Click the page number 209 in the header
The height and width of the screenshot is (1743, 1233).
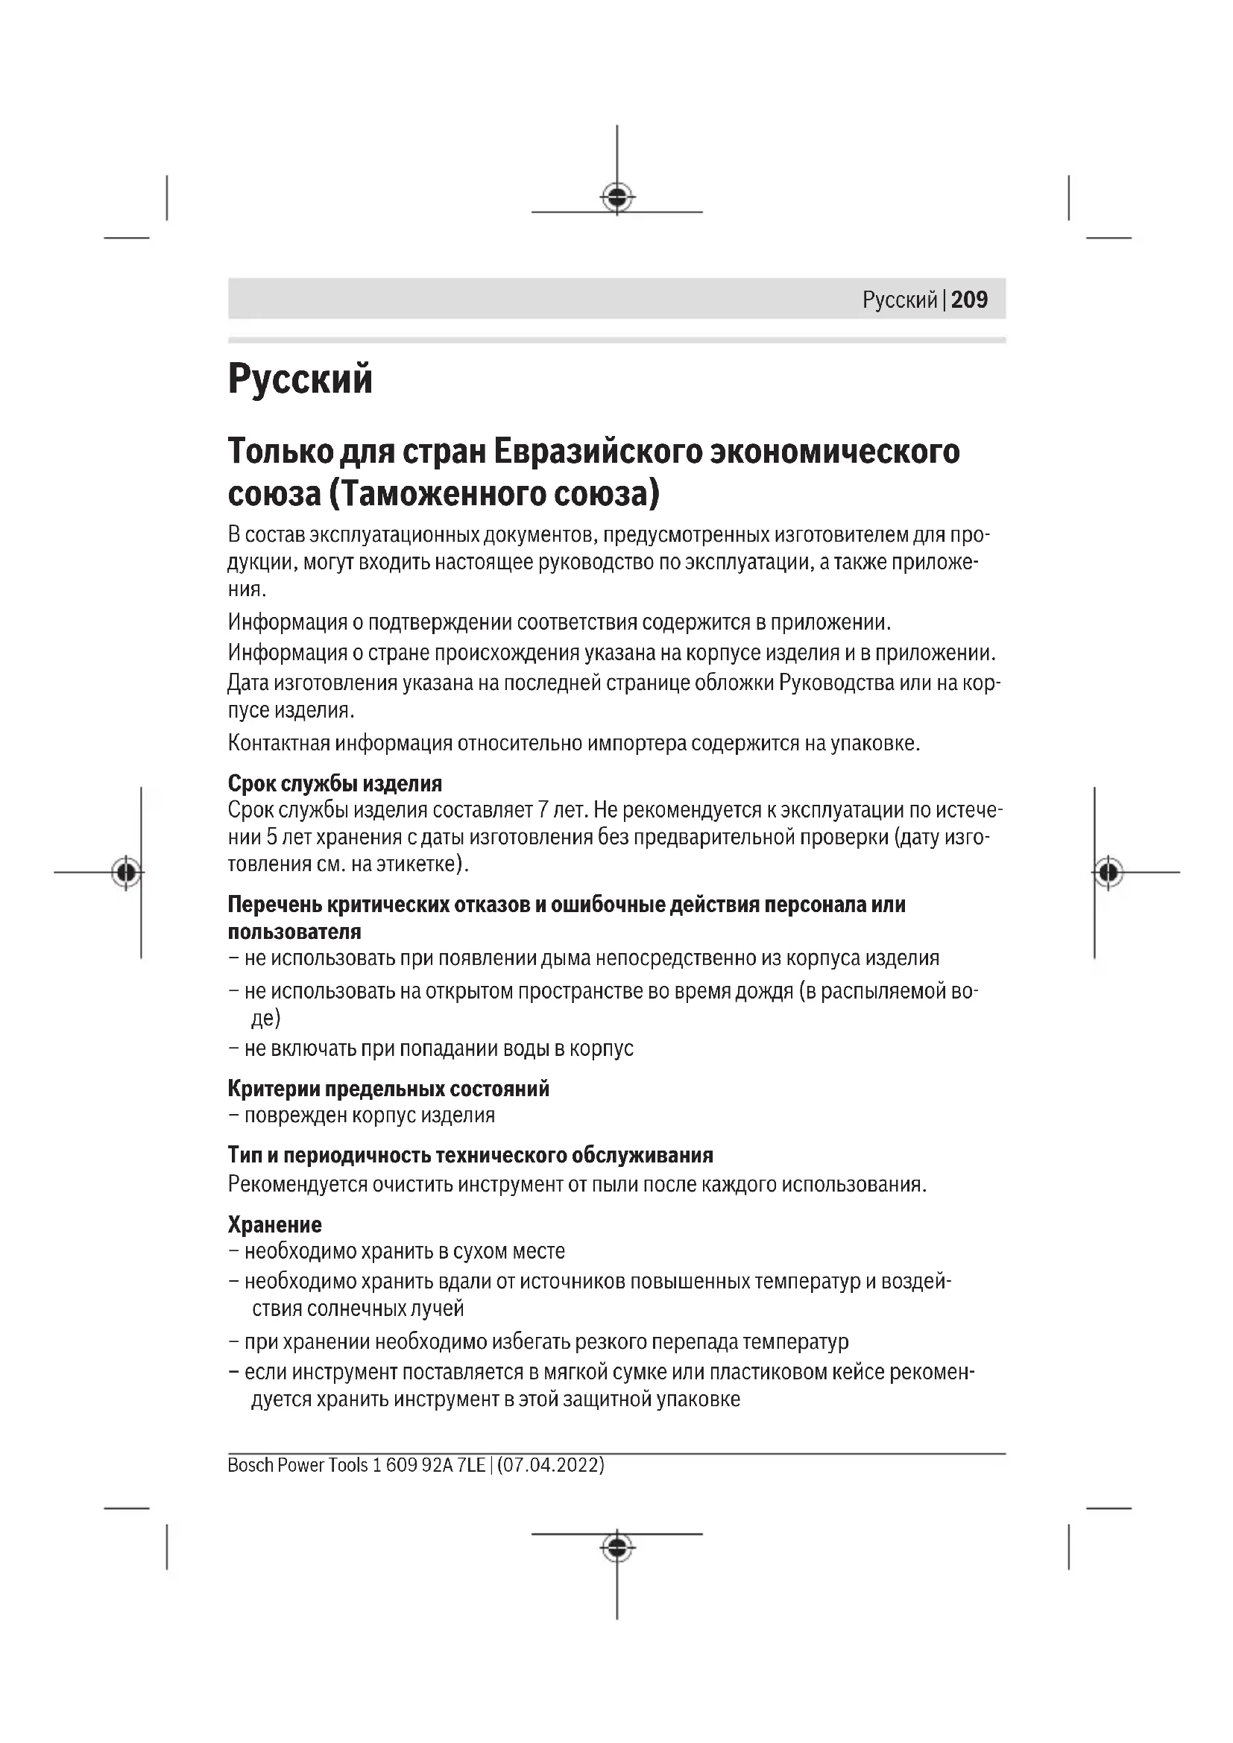[x=969, y=300]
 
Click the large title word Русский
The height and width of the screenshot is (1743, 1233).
[x=300, y=379]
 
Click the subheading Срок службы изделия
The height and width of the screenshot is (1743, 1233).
[x=335, y=783]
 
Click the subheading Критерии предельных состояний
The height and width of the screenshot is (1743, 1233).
[x=388, y=1089]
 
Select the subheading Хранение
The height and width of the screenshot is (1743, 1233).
[x=275, y=1224]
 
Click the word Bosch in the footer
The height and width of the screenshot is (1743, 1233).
[x=250, y=1465]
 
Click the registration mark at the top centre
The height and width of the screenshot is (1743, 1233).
[x=617, y=197]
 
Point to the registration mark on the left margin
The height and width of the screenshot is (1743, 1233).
[x=126, y=873]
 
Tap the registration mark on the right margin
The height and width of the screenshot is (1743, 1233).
[x=1109, y=873]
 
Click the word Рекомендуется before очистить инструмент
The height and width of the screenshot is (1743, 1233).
[x=297, y=1184]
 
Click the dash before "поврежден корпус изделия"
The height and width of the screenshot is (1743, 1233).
[x=233, y=1116]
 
